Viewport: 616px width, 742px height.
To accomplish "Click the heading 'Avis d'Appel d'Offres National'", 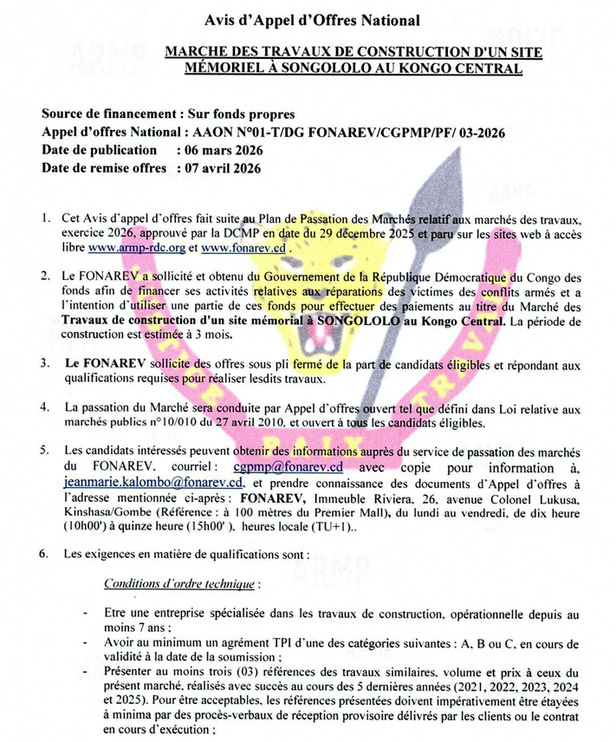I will tap(308, 20).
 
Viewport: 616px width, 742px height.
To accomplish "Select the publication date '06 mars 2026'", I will tap(220, 149).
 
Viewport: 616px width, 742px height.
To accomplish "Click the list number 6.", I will tap(44, 552).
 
